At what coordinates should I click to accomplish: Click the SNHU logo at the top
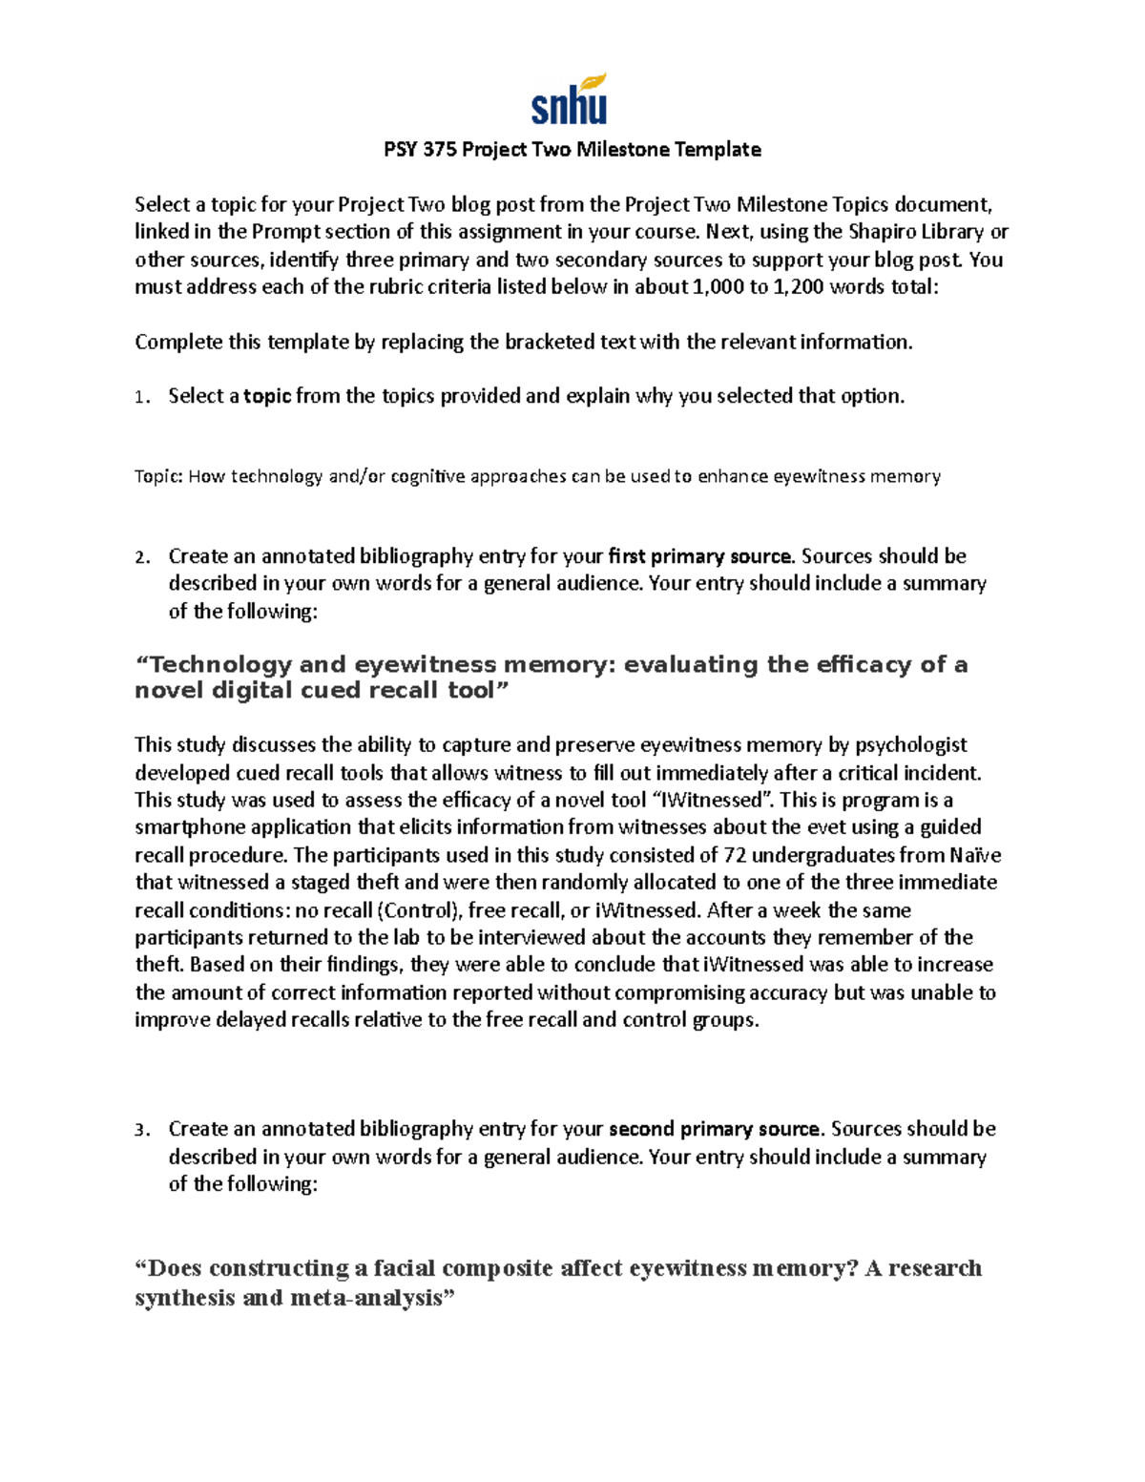coord(569,100)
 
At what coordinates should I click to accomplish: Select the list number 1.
coord(140,397)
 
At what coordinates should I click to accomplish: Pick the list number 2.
coord(140,557)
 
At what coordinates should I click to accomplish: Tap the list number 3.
coord(140,1130)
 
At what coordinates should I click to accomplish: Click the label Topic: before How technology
coord(158,476)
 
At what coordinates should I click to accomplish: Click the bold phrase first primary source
coord(699,555)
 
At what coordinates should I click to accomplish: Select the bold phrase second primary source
coord(714,1129)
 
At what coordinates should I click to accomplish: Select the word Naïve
coord(974,854)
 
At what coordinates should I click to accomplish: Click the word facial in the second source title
coord(405,1267)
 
